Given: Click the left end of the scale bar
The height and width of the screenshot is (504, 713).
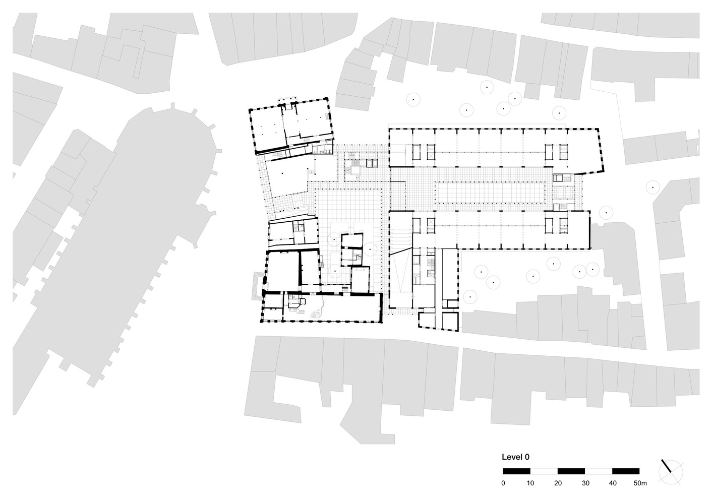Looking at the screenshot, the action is click(x=503, y=471).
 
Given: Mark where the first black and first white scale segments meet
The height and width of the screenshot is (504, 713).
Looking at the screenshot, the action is click(x=530, y=471).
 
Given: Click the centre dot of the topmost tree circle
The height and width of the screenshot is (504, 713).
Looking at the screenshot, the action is click(x=487, y=87).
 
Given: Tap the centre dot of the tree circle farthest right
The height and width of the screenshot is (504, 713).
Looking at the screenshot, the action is click(x=653, y=187).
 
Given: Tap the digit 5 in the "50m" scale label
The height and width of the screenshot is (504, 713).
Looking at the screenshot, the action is click(x=635, y=483).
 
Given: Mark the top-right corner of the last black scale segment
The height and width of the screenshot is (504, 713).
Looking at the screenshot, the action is click(x=639, y=468).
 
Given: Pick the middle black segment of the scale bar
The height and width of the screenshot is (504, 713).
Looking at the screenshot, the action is click(x=571, y=471).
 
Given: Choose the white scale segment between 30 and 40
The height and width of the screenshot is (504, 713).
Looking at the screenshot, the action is click(x=599, y=471).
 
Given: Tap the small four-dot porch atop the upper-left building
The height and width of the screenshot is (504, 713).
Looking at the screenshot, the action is click(x=287, y=100).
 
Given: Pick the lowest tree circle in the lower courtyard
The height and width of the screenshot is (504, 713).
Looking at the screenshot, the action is click(x=470, y=297).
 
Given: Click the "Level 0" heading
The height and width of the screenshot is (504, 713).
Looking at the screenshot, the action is click(x=516, y=457).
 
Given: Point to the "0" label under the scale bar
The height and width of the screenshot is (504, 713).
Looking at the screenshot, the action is click(x=503, y=483).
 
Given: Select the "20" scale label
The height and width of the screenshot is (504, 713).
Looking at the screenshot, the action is click(x=558, y=483).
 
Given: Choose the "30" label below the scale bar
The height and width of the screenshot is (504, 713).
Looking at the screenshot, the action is click(x=586, y=483).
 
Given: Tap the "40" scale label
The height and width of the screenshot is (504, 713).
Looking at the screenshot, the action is click(x=613, y=483).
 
